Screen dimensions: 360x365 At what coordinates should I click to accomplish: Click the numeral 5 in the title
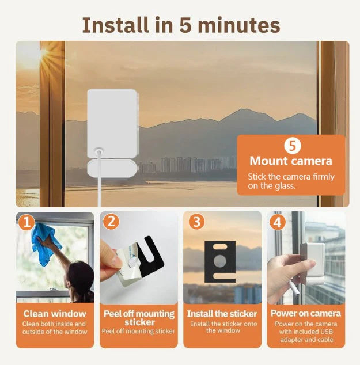pyautogui.click(x=186, y=25)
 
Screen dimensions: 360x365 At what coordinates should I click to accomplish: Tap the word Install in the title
pyautogui.click(x=115, y=25)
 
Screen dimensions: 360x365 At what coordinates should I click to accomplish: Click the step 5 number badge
pyautogui.click(x=293, y=145)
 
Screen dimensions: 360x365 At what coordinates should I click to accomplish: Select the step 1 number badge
pyautogui.click(x=26, y=222)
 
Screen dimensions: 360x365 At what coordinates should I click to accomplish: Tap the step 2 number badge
pyautogui.click(x=111, y=222)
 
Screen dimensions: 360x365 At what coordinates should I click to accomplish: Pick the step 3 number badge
pyautogui.click(x=197, y=222)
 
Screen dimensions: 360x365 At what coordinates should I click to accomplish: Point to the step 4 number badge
pyautogui.click(x=277, y=222)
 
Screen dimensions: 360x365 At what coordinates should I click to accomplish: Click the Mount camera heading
pyautogui.click(x=291, y=161)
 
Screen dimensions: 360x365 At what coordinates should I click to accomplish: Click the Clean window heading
pyautogui.click(x=55, y=314)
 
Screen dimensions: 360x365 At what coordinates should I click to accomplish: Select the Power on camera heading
pyautogui.click(x=305, y=313)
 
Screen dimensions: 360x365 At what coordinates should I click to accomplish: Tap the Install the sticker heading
pyautogui.click(x=222, y=314)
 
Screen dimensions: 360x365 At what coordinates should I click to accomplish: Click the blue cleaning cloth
pyautogui.click(x=46, y=244)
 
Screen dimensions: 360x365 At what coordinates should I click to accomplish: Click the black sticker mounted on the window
pyautogui.click(x=220, y=261)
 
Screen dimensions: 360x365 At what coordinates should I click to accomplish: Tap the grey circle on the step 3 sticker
pyautogui.click(x=220, y=261)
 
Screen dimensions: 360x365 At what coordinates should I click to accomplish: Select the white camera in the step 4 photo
pyautogui.click(x=312, y=263)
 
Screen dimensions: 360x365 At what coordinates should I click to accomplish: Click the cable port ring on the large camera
pyautogui.click(x=98, y=152)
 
